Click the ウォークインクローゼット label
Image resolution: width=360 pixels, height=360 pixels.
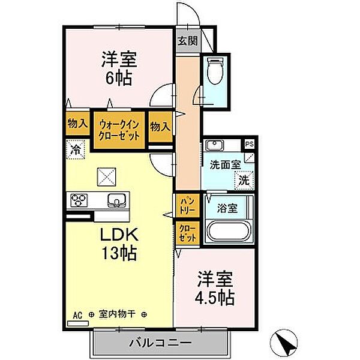click(119, 130)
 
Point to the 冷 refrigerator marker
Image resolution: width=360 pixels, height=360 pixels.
click(77, 148)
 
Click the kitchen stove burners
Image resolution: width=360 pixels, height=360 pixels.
click(80, 200)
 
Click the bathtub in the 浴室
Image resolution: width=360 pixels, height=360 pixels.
click(226, 231)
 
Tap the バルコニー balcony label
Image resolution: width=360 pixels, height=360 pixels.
click(160, 344)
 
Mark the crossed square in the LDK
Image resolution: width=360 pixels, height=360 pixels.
click(106, 177)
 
